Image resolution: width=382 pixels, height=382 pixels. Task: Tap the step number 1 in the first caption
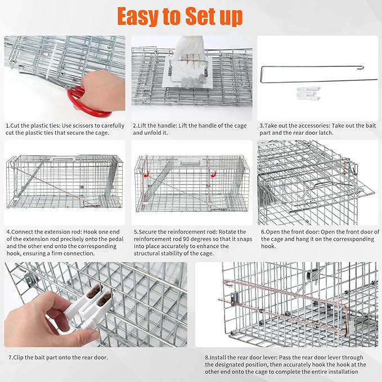tap(7, 125)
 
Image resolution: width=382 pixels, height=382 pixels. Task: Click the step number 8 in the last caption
tap(205, 357)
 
